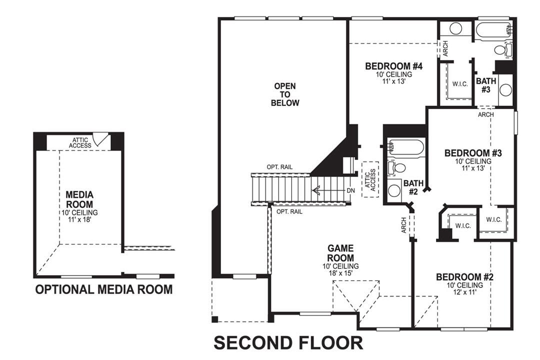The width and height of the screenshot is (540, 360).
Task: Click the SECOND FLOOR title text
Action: point(288,343)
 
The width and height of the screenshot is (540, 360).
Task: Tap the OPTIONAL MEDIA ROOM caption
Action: point(104,289)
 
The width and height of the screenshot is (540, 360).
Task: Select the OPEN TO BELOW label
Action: point(285,95)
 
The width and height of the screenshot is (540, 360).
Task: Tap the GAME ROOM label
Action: point(340,252)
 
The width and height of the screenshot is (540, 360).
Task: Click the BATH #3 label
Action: point(485,85)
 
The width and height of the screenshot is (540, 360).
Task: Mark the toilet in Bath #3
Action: point(501,49)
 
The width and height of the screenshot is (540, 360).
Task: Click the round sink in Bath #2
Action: point(394,190)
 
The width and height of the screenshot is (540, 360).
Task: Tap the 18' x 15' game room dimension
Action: point(340,272)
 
